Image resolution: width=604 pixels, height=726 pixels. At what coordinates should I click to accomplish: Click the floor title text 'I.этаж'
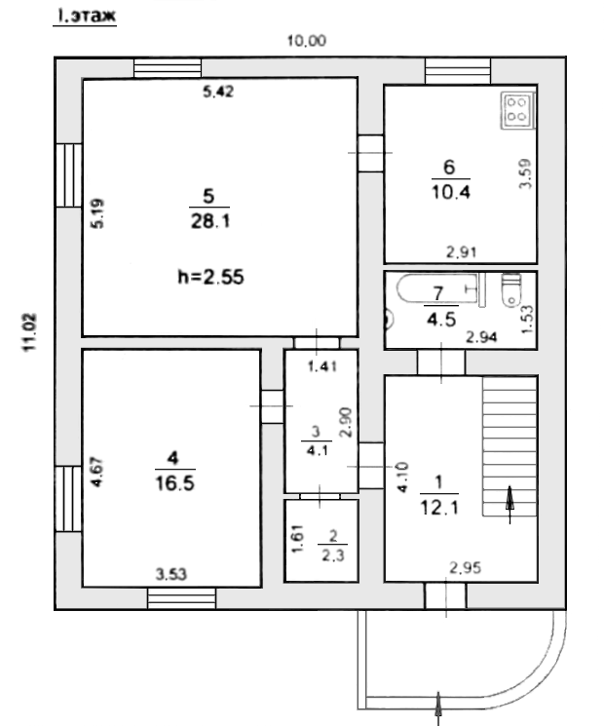pyautogui.click(x=86, y=16)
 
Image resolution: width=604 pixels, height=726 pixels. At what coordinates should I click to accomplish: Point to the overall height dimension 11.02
pyautogui.click(x=30, y=331)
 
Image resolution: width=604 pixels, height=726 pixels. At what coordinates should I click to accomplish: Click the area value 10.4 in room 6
pyautogui.click(x=450, y=192)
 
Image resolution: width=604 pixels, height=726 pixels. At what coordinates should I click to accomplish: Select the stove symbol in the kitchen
pyautogui.click(x=517, y=109)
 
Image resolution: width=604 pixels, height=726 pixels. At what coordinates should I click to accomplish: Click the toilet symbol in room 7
pyautogui.click(x=510, y=291)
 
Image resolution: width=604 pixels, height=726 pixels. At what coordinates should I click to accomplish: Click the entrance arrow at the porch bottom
pyautogui.click(x=437, y=707)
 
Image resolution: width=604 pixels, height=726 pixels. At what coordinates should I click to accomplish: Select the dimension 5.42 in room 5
pyautogui.click(x=218, y=92)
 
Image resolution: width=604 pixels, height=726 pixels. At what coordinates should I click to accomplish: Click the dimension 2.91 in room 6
pyautogui.click(x=461, y=252)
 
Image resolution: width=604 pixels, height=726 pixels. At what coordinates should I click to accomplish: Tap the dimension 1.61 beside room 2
pyautogui.click(x=297, y=538)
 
